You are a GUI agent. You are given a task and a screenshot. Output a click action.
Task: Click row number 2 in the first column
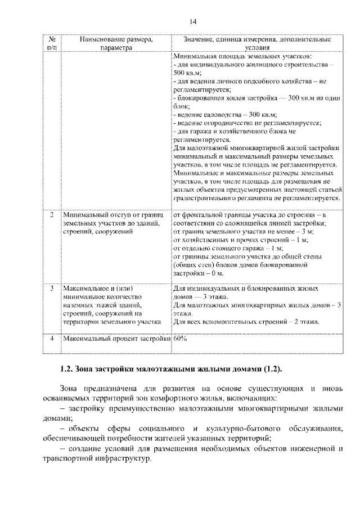(x=51, y=215)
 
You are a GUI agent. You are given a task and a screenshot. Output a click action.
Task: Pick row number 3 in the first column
(x=51, y=288)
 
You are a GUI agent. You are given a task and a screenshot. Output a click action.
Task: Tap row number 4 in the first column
(x=51, y=339)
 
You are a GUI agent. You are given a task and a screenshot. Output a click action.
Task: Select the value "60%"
(x=181, y=339)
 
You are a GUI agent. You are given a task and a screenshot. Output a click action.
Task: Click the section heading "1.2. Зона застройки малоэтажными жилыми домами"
(x=170, y=369)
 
